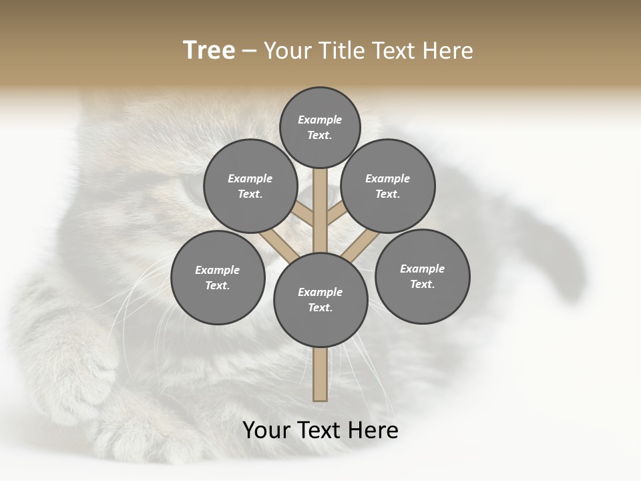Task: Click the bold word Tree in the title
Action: coord(208,51)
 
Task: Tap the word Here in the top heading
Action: coord(448,51)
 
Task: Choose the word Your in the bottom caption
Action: coord(266,430)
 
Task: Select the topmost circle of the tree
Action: coord(320,127)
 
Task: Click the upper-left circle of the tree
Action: coord(250,186)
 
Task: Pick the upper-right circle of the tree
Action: coord(388,186)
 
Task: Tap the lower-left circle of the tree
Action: coord(218,277)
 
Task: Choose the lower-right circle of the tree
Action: coord(422,276)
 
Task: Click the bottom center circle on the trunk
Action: coord(320,300)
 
